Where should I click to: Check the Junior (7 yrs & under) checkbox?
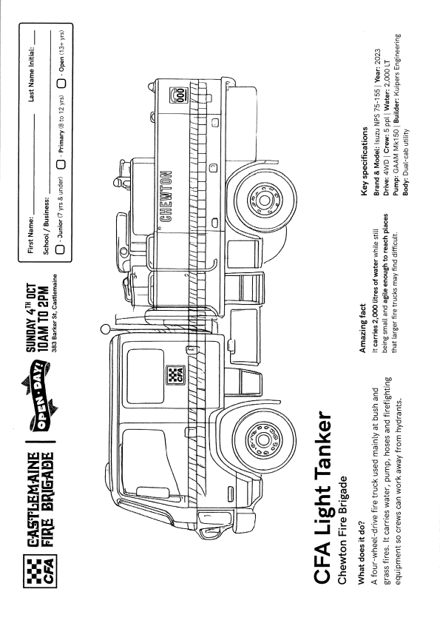pos(61,249)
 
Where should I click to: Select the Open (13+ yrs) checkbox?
pos(61,84)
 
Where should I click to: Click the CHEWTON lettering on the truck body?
pos(166,197)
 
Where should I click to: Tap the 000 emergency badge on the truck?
pos(177,95)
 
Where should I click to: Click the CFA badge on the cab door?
pos(175,374)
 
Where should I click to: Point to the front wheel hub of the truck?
pos(263,440)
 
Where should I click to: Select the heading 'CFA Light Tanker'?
pos(322,496)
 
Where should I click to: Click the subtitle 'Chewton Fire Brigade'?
pos(342,529)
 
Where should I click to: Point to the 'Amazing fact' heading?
pos(362,329)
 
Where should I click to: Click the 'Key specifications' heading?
pos(365,161)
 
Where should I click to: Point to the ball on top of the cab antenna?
pos(105,329)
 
